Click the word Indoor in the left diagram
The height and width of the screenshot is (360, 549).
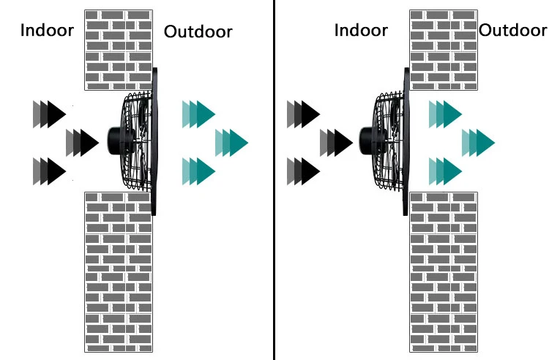(46, 31)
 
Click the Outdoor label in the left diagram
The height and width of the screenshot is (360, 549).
(198, 31)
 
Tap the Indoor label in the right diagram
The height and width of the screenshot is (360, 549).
(360, 30)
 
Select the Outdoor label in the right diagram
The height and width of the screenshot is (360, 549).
(513, 30)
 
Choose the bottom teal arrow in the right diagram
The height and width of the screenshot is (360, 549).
(447, 170)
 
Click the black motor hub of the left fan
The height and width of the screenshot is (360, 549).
(115, 139)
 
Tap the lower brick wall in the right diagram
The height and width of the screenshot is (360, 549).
(444, 271)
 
